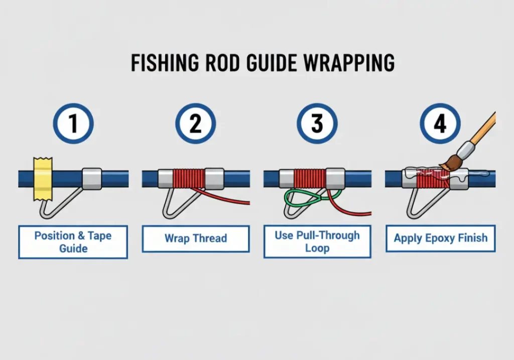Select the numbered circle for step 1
(74, 124)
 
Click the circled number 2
(195, 124)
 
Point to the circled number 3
(317, 124)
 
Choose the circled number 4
(440, 124)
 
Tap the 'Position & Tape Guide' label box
(73, 242)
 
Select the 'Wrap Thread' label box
(195, 238)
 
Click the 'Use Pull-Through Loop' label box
(317, 242)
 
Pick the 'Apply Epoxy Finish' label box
(440, 238)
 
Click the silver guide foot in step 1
(91, 178)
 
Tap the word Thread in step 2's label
(210, 238)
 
